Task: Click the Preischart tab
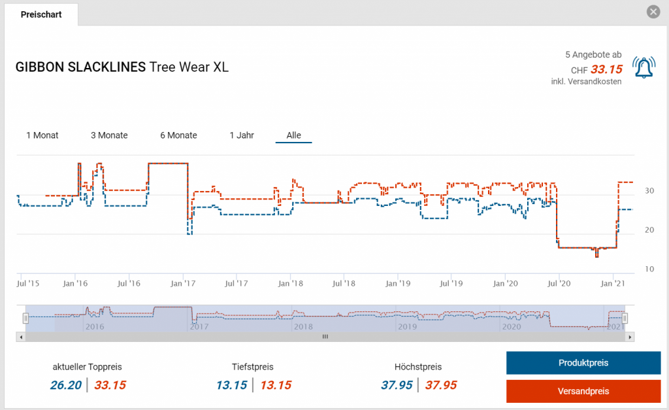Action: (41, 14)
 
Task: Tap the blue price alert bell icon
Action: (644, 68)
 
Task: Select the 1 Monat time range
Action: (42, 135)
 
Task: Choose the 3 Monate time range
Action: (109, 135)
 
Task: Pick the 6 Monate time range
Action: (178, 135)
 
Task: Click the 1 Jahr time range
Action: (242, 135)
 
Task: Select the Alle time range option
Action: (294, 135)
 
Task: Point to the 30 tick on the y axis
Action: (649, 191)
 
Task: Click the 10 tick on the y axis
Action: (649, 269)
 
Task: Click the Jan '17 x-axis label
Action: (183, 284)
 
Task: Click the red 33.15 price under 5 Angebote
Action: (606, 69)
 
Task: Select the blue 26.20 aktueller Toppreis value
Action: (65, 385)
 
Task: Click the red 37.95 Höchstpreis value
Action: (441, 385)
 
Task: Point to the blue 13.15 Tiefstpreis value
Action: (232, 385)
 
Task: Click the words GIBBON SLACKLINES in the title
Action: (80, 67)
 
